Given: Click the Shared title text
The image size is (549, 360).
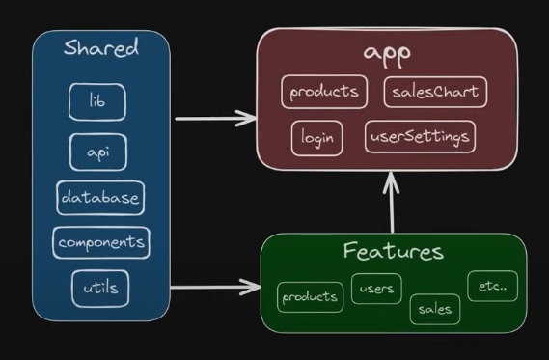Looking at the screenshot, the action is point(101,47).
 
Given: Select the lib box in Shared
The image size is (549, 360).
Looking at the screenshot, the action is point(97,102).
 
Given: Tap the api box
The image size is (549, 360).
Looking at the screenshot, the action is point(98,152).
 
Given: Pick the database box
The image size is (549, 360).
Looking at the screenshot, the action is point(100,198).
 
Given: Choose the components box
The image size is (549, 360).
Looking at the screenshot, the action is point(101,242).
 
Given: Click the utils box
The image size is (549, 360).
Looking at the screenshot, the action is point(100,289).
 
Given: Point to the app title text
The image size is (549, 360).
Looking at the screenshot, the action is point(387,54).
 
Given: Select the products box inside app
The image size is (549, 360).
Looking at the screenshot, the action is point(324,92).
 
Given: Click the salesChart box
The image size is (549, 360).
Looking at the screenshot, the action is point(435,92).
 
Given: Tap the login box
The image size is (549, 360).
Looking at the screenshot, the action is point(316,138).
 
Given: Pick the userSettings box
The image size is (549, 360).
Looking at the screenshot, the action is point(420,137).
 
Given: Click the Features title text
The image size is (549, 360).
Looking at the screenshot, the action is point(394,251).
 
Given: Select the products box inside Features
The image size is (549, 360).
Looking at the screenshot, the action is point(310,297).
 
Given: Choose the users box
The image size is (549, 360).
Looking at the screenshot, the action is point(376,289).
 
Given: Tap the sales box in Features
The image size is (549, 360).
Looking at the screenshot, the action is point(435,309).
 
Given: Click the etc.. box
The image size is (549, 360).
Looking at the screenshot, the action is point(492,286).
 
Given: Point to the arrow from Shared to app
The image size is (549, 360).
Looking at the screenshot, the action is point(216,119).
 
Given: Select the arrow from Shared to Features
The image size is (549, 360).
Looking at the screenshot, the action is point(215,288).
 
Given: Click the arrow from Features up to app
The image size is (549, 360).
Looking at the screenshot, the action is point(392,202).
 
